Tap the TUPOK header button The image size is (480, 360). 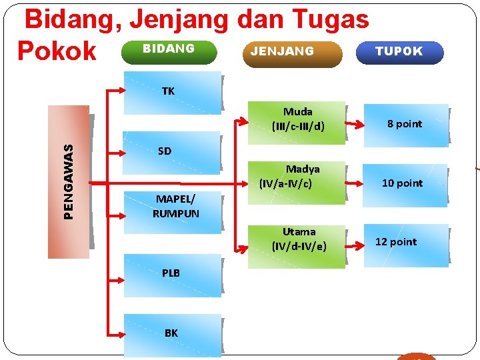[399, 52]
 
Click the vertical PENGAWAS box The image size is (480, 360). [69, 181]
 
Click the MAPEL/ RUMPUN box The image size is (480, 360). [176, 207]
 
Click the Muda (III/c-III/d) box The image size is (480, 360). [297, 119]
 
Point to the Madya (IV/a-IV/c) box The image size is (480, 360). [297, 177]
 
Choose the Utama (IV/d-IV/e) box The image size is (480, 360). [297, 240]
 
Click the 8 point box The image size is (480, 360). [405, 124]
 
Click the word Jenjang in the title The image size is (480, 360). [179, 20]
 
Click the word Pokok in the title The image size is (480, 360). [57, 51]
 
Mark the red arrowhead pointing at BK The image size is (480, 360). [117, 333]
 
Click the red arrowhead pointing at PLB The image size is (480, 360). [117, 273]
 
